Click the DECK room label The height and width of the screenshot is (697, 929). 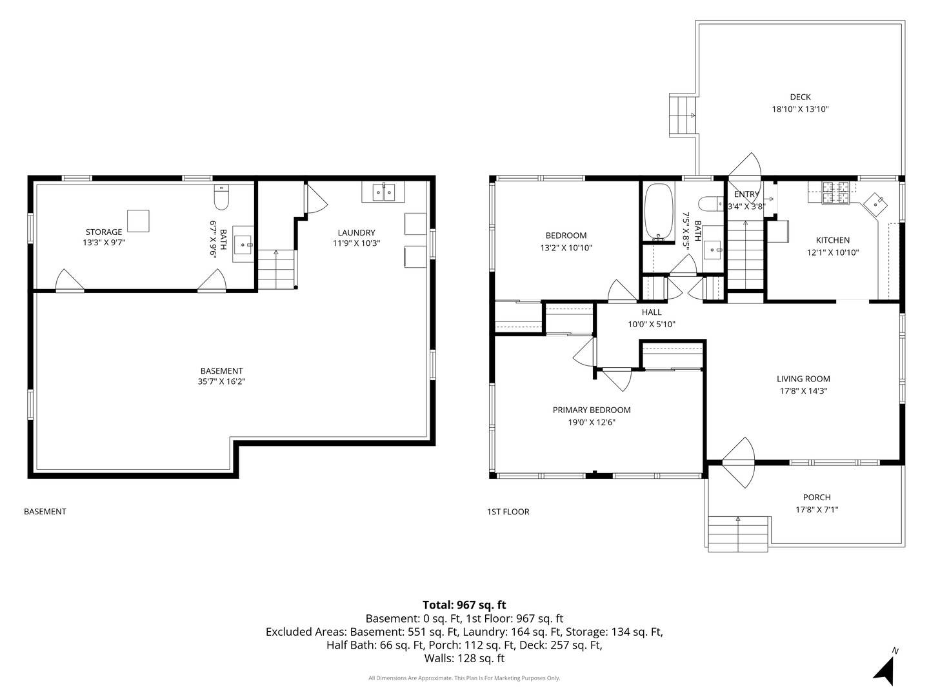[x=800, y=97]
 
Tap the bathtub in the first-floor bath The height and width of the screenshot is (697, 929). [x=658, y=212]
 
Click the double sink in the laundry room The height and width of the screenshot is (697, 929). [x=383, y=192]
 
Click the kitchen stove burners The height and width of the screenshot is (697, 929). [x=835, y=192]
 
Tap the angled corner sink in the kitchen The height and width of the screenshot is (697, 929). [x=875, y=205]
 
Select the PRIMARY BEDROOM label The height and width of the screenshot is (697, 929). [x=591, y=410]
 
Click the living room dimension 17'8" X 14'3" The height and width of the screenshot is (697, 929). [x=803, y=390]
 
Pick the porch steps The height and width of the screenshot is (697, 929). [x=737, y=534]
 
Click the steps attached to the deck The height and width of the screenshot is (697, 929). [x=682, y=115]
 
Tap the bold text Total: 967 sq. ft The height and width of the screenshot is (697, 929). [x=464, y=605]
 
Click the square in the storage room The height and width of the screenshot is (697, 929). [x=138, y=221]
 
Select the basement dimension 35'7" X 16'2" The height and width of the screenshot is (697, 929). [x=221, y=381]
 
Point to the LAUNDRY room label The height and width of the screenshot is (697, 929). [x=356, y=232]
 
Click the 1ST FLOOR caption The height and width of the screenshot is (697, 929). [x=508, y=512]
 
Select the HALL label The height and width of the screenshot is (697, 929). [x=652, y=312]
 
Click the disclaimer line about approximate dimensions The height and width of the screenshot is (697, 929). [x=464, y=678]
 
